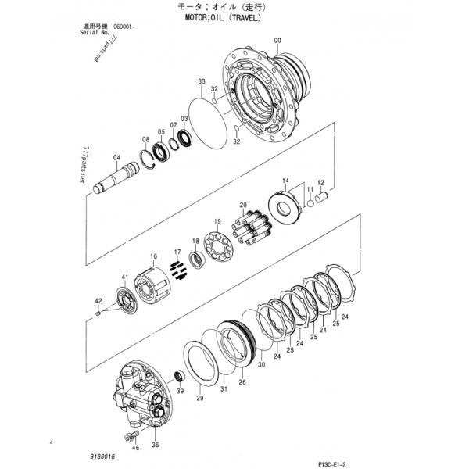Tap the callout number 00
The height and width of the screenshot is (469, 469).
pyautogui.click(x=277, y=41)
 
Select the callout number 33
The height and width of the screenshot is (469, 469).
pyautogui.click(x=202, y=82)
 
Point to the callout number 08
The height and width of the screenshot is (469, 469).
pyautogui.click(x=145, y=140)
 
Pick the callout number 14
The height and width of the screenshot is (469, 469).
pyautogui.click(x=285, y=182)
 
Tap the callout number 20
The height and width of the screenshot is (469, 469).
pyautogui.click(x=243, y=205)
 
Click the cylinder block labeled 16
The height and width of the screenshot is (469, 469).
pyautogui.click(x=149, y=281)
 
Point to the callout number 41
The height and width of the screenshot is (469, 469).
pyautogui.click(x=124, y=277)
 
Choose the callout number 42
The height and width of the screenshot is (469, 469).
pyautogui.click(x=98, y=301)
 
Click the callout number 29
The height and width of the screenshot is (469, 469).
pyautogui.click(x=199, y=399)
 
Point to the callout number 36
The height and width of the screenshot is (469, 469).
pyautogui.click(x=155, y=445)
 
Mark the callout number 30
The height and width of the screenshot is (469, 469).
pyautogui.click(x=262, y=364)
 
